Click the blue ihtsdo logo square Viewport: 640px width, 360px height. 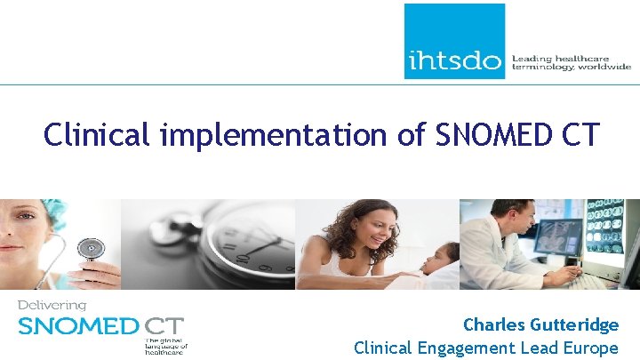(454, 41)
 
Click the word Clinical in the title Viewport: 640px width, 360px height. (100, 135)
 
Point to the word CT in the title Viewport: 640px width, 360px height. (579, 135)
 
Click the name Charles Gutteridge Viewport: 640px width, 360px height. (540, 325)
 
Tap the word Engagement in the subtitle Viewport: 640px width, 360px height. (470, 348)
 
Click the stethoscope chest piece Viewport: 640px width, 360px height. (90, 248)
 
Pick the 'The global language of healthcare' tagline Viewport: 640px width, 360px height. (166, 345)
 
